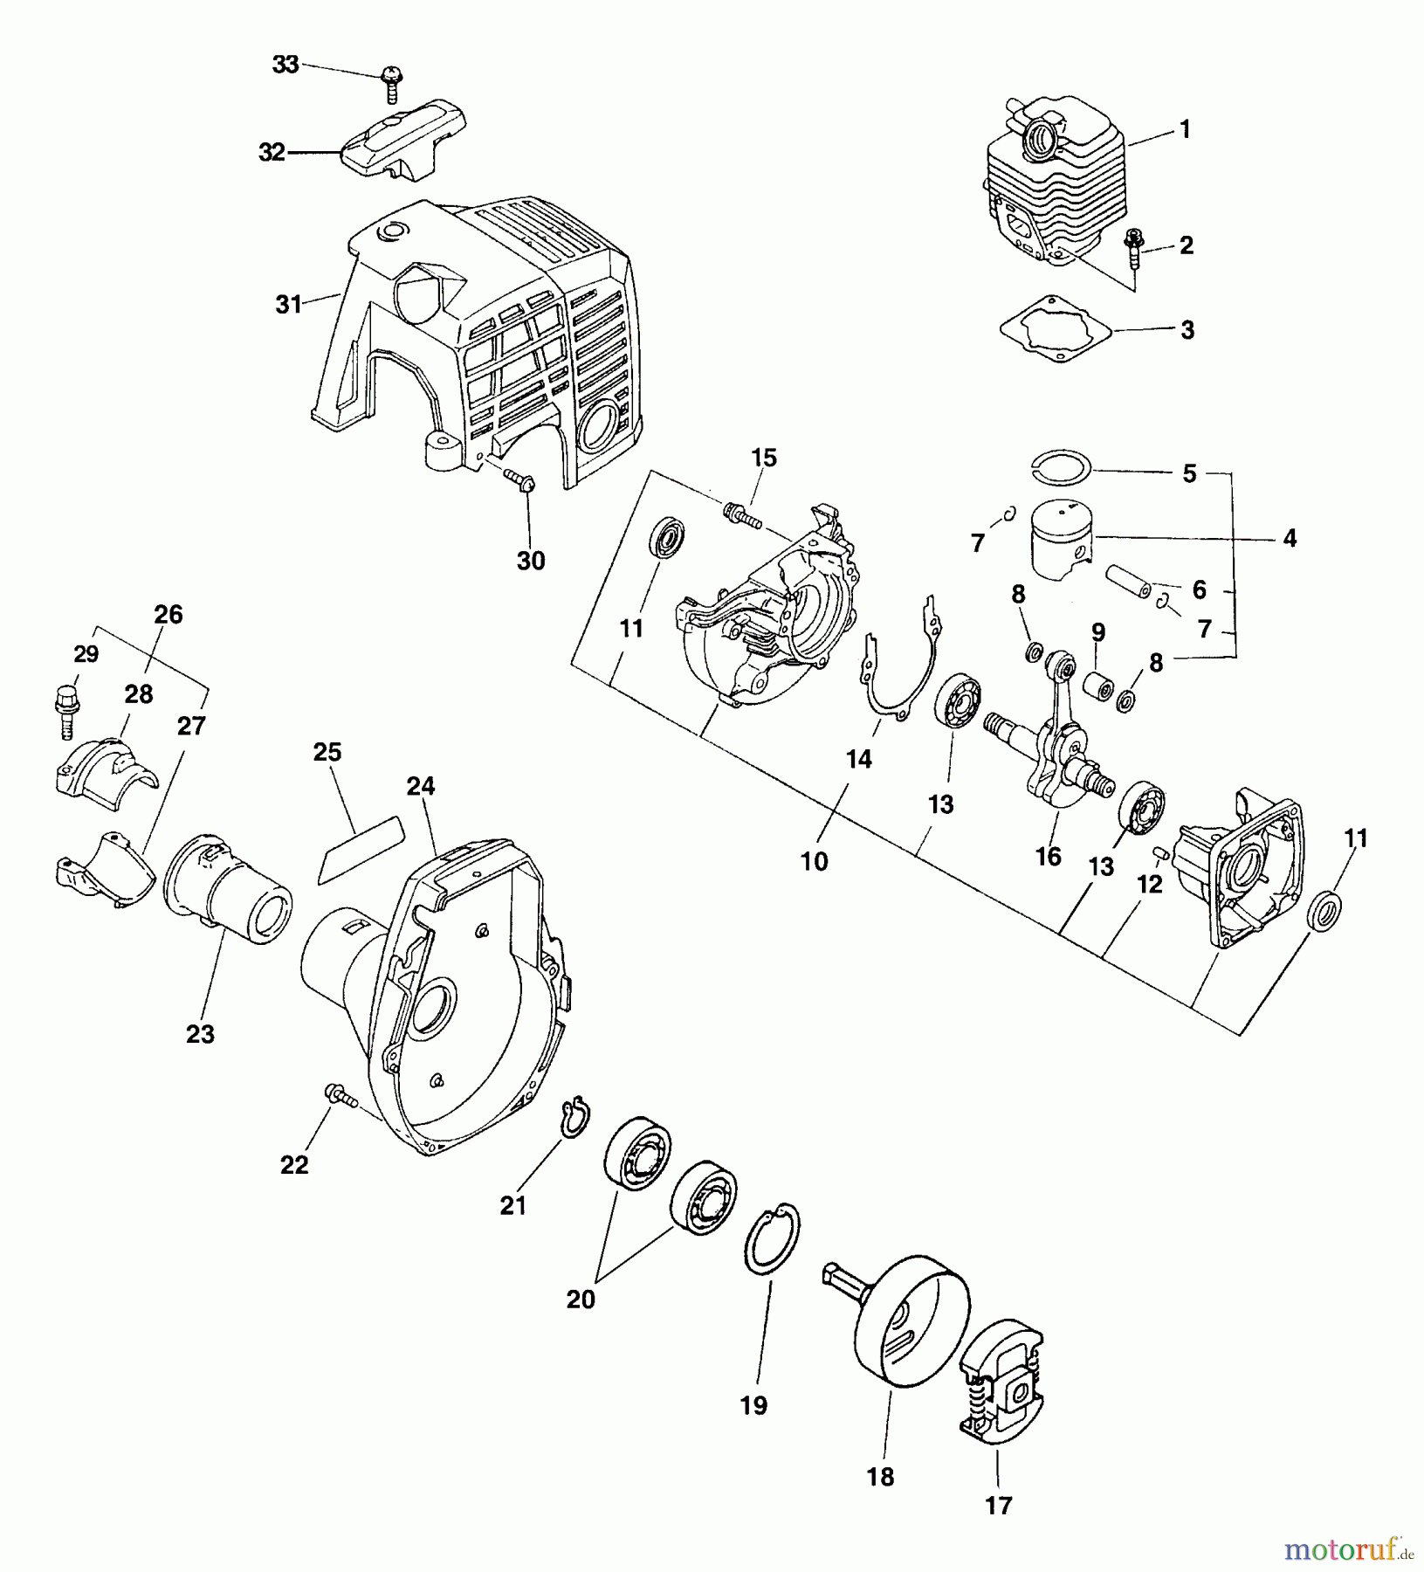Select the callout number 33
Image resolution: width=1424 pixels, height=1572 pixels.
(x=285, y=65)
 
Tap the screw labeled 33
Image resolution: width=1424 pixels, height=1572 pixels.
(x=389, y=84)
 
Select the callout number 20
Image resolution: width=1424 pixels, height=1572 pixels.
(x=581, y=1300)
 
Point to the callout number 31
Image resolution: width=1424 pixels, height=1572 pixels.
(x=288, y=305)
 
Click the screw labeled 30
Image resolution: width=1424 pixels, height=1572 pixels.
(x=522, y=480)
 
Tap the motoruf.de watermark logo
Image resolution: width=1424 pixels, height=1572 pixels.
(x=1349, y=1548)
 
